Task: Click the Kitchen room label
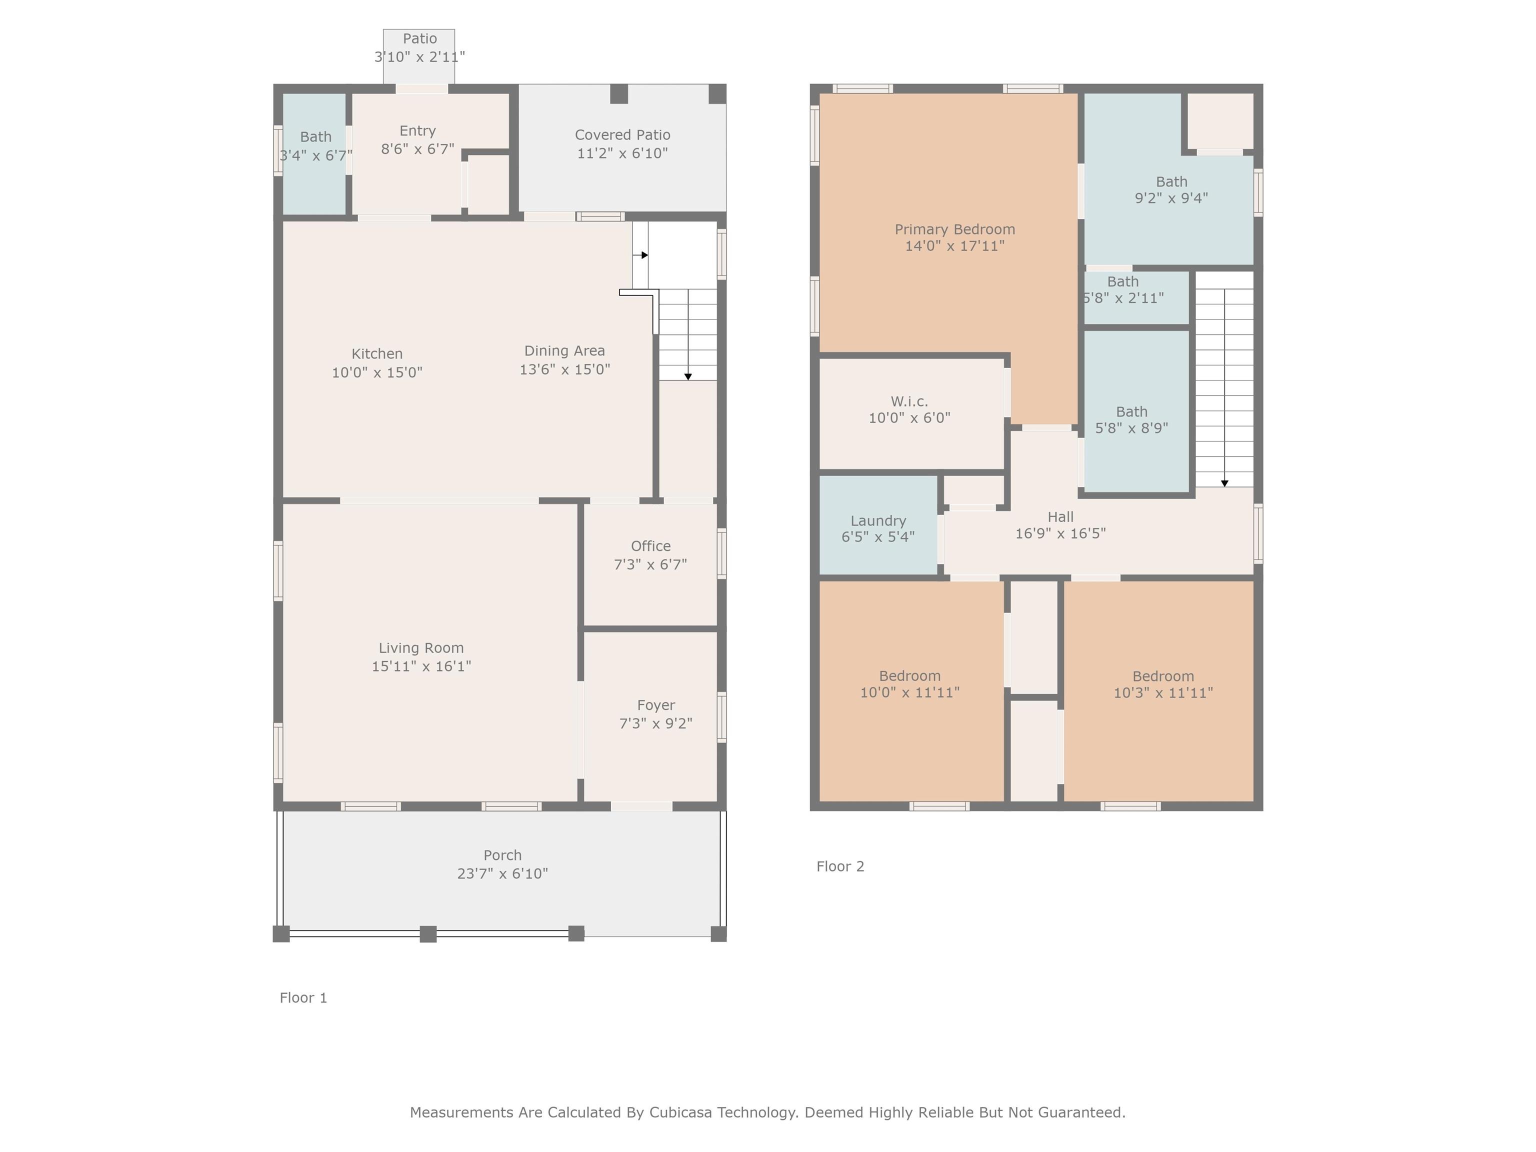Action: point(377,354)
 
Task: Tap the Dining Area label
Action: point(564,350)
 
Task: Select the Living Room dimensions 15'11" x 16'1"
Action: point(421,666)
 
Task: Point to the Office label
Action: point(650,546)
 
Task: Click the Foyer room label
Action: point(656,705)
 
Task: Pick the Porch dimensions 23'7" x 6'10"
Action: point(502,873)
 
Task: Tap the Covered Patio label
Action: point(623,134)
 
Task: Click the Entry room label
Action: point(418,131)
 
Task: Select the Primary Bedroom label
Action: point(955,229)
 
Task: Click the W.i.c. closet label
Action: point(909,401)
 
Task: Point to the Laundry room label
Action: point(878,521)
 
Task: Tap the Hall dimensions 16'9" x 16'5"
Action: point(1061,533)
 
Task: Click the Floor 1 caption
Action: point(303,998)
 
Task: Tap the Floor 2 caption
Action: point(840,866)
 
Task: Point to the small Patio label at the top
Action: point(420,39)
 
